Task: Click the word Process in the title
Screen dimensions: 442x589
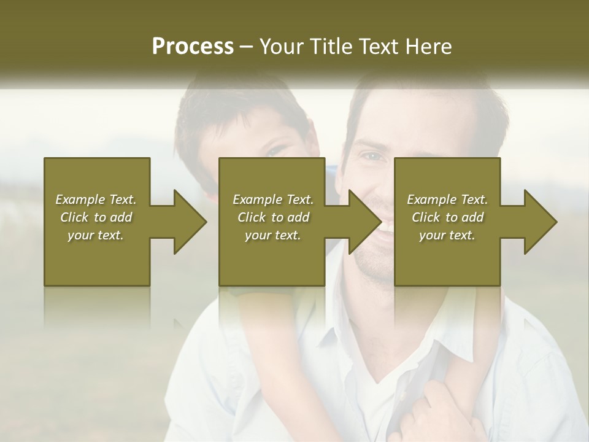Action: (x=193, y=47)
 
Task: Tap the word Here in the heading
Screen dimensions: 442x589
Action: (x=429, y=47)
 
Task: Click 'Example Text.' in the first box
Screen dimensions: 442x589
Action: (x=96, y=200)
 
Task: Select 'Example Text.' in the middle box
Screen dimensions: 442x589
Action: (x=273, y=200)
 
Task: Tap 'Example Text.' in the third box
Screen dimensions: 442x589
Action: (x=447, y=200)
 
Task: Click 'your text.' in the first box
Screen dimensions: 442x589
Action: (x=96, y=235)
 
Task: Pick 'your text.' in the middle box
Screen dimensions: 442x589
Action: (x=273, y=235)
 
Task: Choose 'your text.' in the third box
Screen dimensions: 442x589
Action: (x=447, y=235)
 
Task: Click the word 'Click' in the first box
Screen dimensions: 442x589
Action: (x=75, y=217)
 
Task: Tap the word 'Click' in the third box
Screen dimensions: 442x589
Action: (x=426, y=217)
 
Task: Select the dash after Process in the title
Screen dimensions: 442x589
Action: (x=247, y=47)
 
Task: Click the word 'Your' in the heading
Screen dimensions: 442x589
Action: (x=280, y=47)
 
